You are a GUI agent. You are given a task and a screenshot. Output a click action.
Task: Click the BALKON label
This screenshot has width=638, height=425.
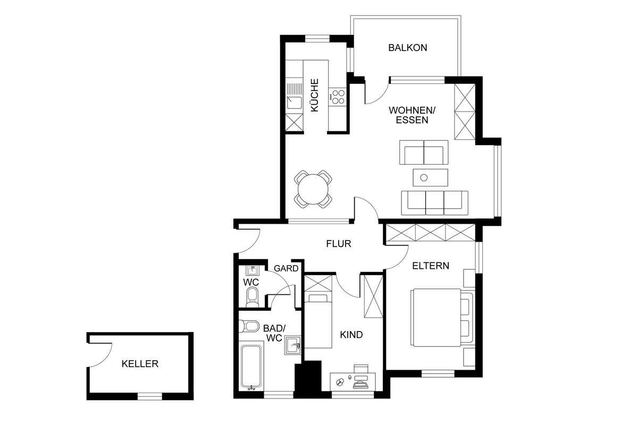pos(408,48)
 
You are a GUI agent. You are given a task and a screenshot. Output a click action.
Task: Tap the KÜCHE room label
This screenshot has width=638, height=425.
pos(314,95)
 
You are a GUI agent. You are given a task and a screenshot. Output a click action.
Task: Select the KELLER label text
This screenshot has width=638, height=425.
pos(140,364)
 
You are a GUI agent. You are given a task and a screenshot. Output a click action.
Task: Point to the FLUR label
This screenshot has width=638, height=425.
pos(338,244)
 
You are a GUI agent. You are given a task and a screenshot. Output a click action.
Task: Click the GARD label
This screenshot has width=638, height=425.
pos(286,268)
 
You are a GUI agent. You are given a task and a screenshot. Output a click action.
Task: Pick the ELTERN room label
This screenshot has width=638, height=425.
pos(431,266)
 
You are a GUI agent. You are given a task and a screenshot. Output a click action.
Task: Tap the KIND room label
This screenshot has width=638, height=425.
pos(351,335)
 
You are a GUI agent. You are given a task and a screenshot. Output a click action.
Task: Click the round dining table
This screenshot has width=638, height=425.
pos(313,189)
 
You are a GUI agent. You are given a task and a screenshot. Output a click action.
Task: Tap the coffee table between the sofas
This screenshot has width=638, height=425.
pos(430,177)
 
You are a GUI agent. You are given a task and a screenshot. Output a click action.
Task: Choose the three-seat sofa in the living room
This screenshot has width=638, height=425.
pos(434,203)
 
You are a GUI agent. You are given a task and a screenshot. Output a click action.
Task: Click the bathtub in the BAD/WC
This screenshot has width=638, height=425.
pos(251,367)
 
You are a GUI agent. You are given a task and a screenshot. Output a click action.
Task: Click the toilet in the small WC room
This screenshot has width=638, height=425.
pos(252,297)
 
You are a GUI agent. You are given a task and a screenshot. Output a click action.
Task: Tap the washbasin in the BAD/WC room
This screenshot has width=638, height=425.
pos(292,345)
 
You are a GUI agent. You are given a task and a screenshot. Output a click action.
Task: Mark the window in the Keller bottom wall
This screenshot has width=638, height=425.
pos(150,396)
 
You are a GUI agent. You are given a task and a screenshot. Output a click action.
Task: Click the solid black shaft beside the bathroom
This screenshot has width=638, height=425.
pos(308,379)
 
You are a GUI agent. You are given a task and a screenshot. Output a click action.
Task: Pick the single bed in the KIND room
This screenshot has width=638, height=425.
pos(318,321)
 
